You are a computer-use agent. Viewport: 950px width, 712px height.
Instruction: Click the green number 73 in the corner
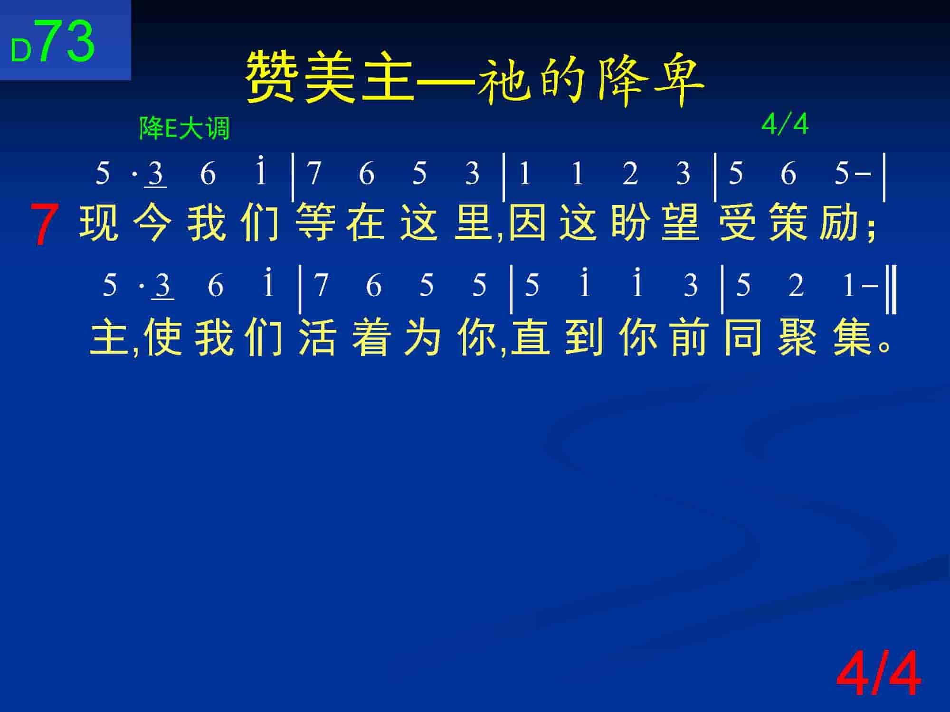pyautogui.click(x=66, y=42)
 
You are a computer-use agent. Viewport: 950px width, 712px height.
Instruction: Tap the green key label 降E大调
pyautogui.click(x=184, y=128)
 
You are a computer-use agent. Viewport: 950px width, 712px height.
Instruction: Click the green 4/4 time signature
pyautogui.click(x=785, y=125)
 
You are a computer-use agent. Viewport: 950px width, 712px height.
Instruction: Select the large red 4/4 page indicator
pyautogui.click(x=878, y=674)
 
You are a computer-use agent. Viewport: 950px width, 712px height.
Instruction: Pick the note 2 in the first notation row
pyautogui.click(x=630, y=173)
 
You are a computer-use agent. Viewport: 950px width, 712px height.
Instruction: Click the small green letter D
pyautogui.click(x=21, y=51)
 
